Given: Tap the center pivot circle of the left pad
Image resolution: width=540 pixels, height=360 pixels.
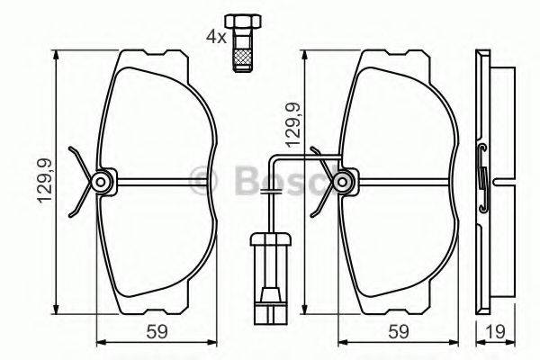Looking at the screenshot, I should (102, 183).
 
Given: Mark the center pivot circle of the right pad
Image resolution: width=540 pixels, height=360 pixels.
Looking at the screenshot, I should (343, 183).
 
